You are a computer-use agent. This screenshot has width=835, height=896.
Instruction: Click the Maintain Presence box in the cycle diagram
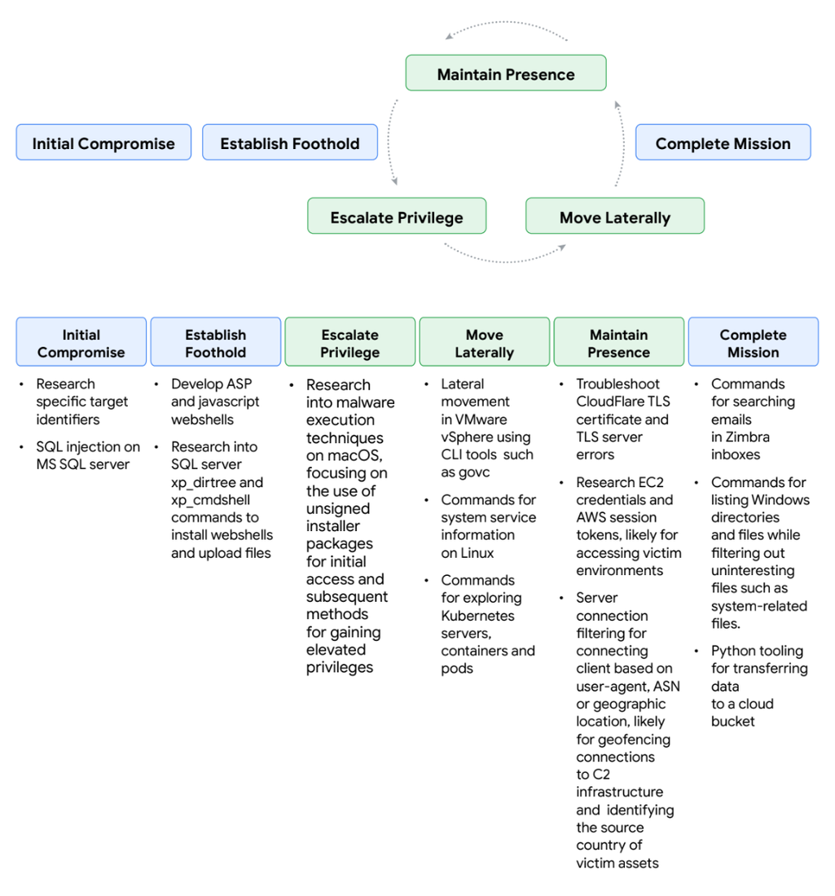[506, 73]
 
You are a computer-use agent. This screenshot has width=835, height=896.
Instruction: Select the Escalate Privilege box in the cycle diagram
[397, 217]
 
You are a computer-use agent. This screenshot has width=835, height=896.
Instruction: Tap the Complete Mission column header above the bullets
[754, 343]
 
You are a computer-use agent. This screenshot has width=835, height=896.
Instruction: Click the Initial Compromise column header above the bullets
[81, 343]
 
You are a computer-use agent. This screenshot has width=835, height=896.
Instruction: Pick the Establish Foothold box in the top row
[289, 143]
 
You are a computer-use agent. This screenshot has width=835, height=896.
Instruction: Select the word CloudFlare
[611, 402]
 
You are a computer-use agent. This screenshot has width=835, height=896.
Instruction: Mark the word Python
[733, 651]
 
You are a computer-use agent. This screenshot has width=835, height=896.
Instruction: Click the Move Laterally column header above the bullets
[485, 343]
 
